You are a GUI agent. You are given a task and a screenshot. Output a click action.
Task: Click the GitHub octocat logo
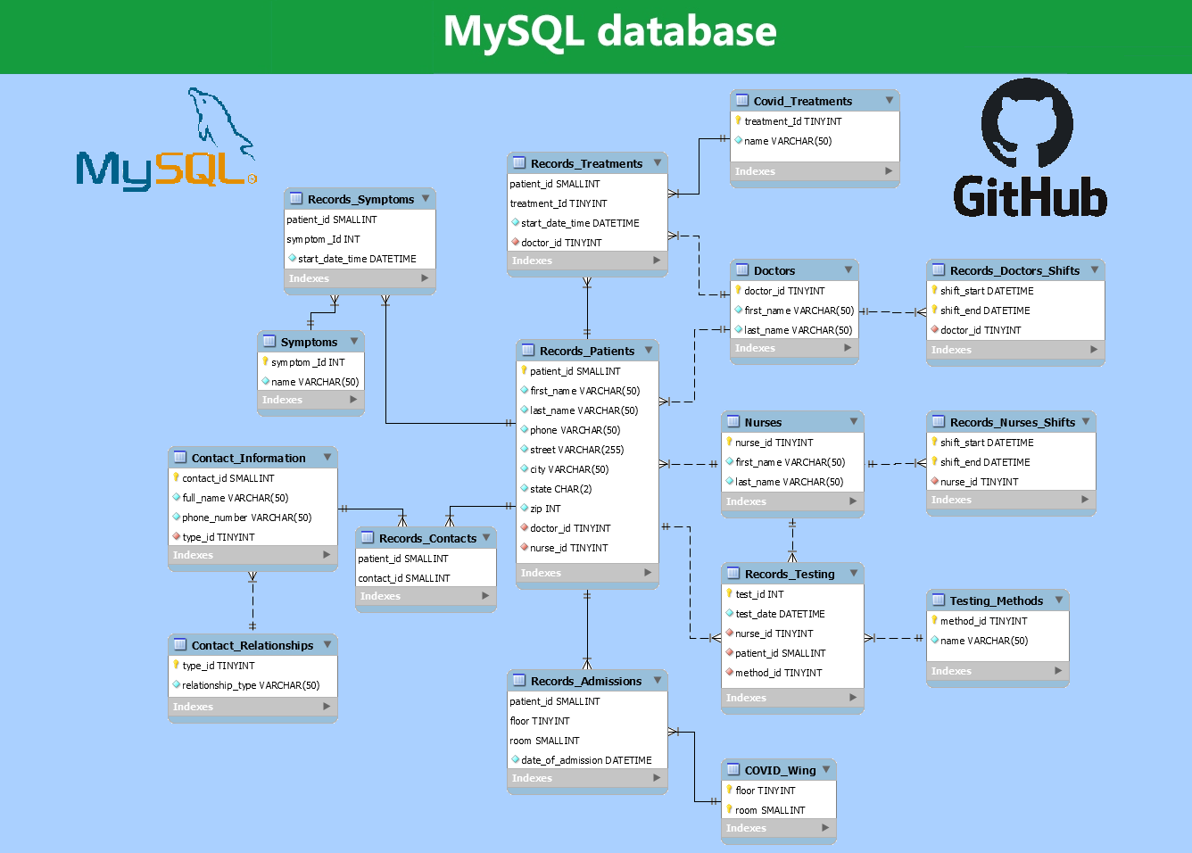(x=1027, y=122)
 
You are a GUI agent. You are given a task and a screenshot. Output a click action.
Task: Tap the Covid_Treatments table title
(x=802, y=101)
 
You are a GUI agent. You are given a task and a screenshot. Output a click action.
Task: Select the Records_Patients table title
(x=586, y=351)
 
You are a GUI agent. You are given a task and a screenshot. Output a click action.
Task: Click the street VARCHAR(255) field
(x=576, y=450)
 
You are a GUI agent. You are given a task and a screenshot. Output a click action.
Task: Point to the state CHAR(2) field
(x=560, y=489)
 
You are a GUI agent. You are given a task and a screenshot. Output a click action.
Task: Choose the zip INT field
(x=545, y=509)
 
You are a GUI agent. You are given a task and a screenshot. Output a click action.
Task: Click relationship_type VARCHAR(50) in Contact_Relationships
(x=250, y=685)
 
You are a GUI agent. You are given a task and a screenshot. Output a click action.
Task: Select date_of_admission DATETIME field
(x=586, y=760)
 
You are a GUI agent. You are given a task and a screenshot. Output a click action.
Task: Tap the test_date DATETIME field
(x=780, y=614)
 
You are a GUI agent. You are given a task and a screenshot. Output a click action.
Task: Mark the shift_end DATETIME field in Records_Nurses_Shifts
(x=985, y=462)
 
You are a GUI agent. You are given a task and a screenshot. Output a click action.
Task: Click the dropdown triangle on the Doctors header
(x=848, y=269)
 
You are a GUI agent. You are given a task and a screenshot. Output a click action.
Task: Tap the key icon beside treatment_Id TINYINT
(x=739, y=120)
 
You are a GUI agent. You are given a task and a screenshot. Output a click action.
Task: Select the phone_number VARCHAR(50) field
(x=246, y=518)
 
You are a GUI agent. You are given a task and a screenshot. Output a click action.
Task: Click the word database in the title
(x=686, y=32)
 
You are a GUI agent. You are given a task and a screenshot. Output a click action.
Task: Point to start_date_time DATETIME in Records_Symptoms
(x=357, y=259)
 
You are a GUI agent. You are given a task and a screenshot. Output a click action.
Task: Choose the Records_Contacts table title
(x=427, y=538)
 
